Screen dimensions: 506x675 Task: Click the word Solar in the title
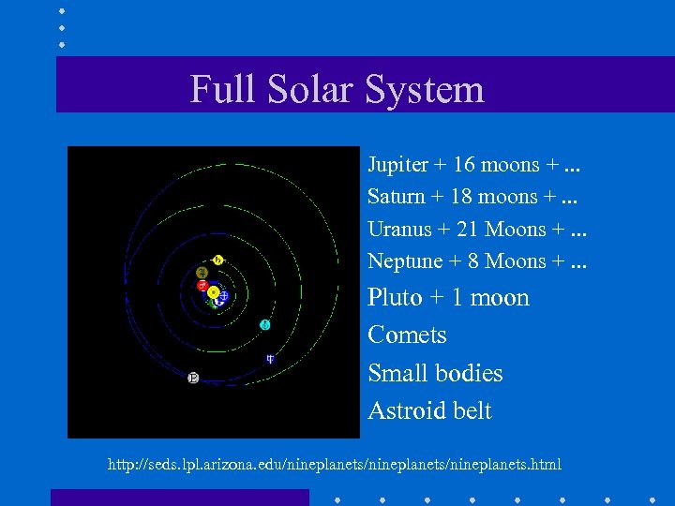click(x=309, y=90)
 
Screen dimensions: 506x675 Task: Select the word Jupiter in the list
click(x=397, y=166)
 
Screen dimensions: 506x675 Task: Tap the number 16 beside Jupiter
click(x=463, y=166)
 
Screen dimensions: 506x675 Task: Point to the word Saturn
click(x=396, y=198)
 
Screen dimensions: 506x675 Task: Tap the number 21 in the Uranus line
click(x=465, y=230)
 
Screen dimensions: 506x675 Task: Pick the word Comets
click(x=407, y=335)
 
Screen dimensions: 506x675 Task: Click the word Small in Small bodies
click(x=395, y=373)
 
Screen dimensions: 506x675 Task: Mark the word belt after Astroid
click(x=472, y=410)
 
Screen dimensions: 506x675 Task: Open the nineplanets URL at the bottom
click(x=335, y=465)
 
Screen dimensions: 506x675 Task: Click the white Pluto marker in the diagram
click(x=193, y=378)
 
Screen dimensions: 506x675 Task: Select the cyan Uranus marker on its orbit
click(x=265, y=324)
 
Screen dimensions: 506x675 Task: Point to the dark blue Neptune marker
click(x=270, y=358)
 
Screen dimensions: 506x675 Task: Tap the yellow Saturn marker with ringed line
click(x=218, y=260)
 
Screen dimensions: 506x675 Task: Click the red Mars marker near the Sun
click(x=202, y=285)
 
